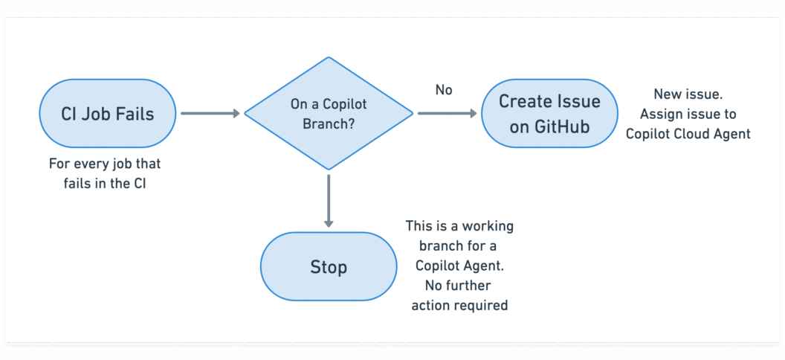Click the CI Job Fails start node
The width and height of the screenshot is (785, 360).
click(108, 114)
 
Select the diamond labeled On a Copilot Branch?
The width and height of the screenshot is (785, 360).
click(328, 114)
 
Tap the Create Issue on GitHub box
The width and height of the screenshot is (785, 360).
click(549, 114)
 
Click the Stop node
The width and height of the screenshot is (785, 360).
click(328, 266)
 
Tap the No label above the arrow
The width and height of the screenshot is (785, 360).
click(444, 90)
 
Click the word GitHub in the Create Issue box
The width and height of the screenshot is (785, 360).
click(561, 126)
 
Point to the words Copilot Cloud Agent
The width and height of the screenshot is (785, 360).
click(688, 134)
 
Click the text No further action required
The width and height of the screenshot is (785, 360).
click(459, 295)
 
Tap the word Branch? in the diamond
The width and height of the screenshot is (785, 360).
click(328, 124)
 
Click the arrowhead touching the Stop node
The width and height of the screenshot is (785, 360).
click(328, 222)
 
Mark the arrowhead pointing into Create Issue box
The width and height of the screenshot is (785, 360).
click(472, 114)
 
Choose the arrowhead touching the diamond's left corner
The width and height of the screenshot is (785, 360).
click(236, 114)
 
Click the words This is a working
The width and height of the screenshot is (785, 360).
click(459, 225)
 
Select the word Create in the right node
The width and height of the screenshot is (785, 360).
click(525, 101)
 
